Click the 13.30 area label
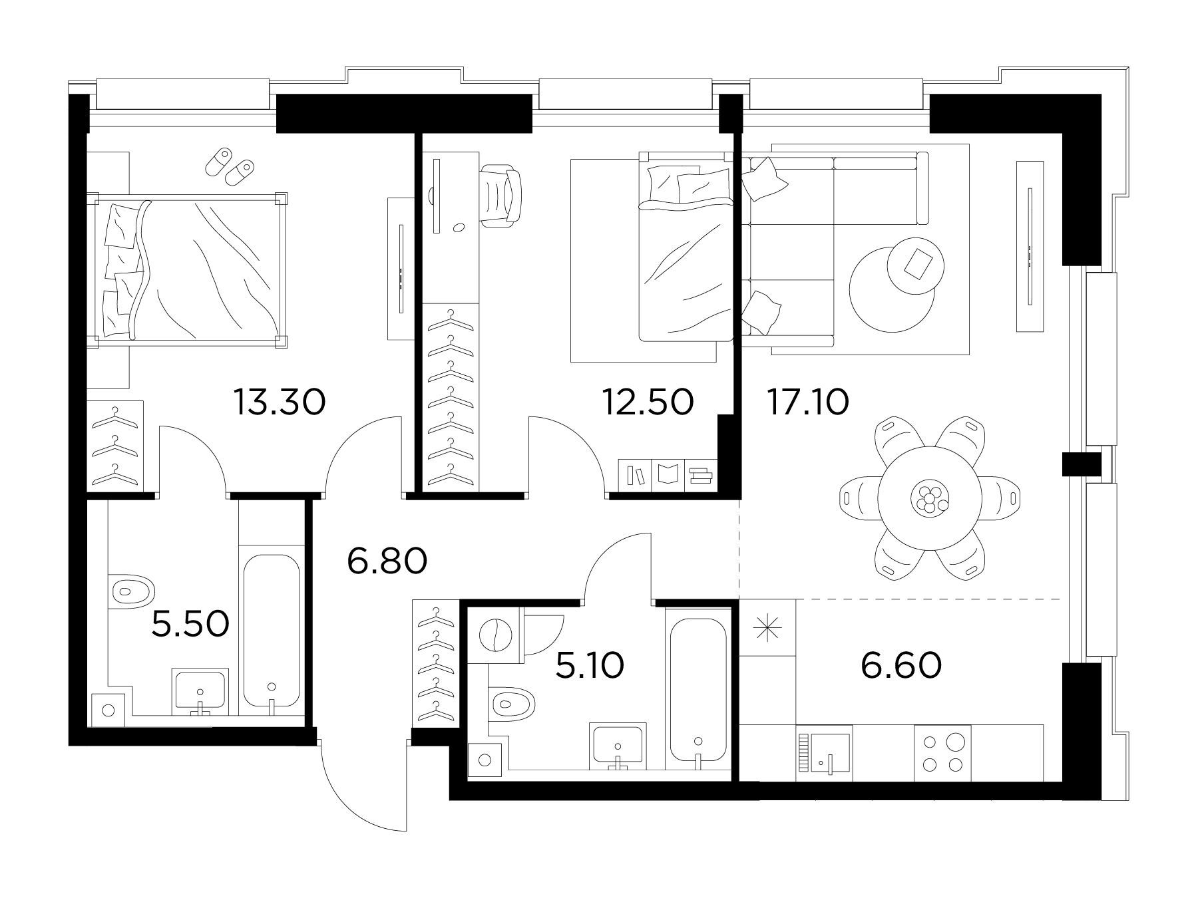(x=280, y=402)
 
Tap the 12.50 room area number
(x=648, y=402)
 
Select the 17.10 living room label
(x=807, y=402)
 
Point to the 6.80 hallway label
(x=387, y=562)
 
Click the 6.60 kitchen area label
(x=901, y=665)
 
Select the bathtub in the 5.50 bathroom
(x=271, y=631)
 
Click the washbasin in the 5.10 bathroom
(x=618, y=746)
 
